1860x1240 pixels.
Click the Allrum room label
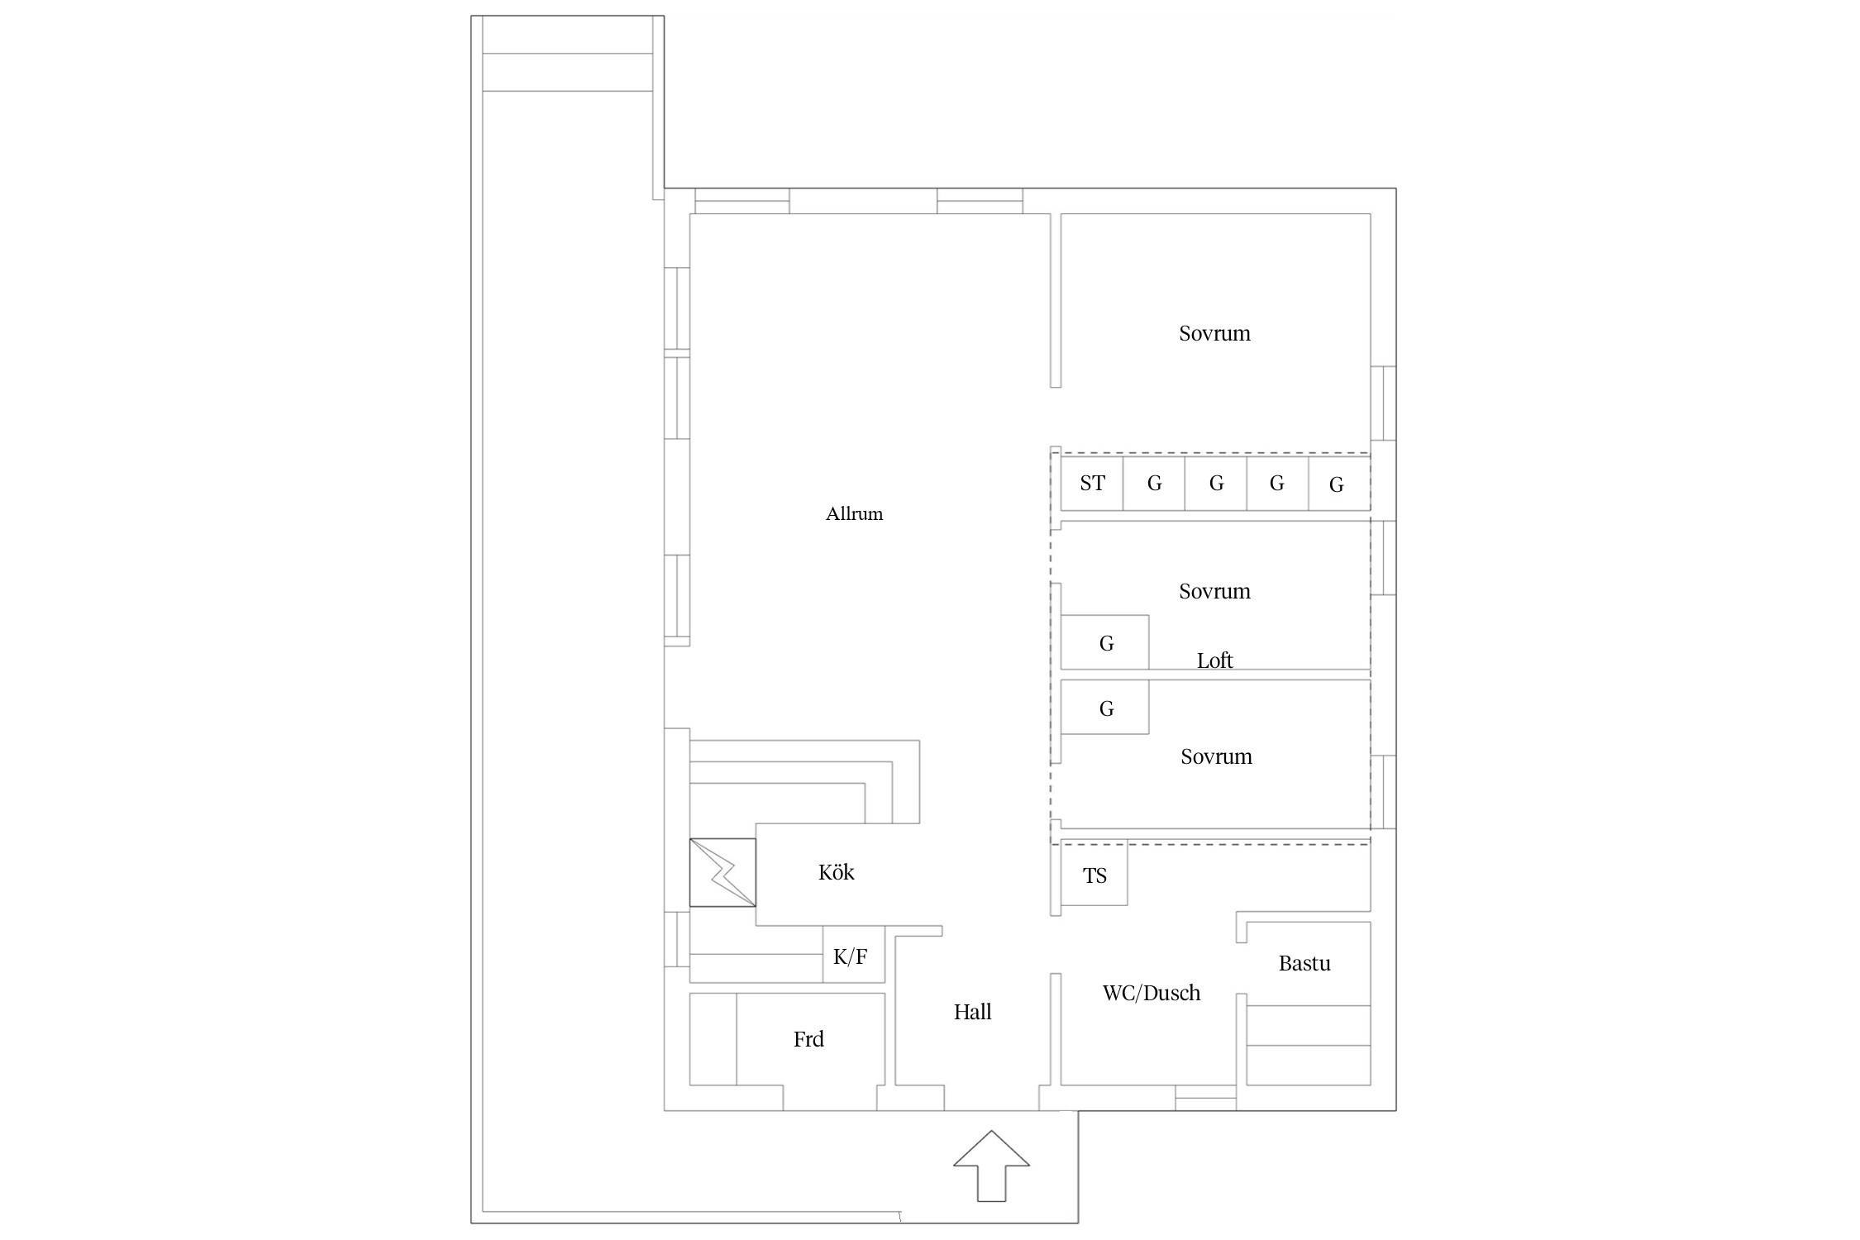pyautogui.click(x=854, y=514)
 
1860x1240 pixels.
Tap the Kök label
pyautogui.click(x=836, y=872)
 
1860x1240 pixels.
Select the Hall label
pyautogui.click(x=972, y=1012)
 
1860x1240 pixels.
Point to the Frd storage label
pyautogui.click(x=808, y=1039)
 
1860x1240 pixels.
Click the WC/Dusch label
pyautogui.click(x=1152, y=993)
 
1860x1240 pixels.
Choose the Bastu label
pyautogui.click(x=1304, y=963)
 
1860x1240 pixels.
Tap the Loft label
pyautogui.click(x=1214, y=661)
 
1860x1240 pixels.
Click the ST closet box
pyautogui.click(x=1092, y=483)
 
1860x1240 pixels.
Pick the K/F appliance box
pyautogui.click(x=853, y=955)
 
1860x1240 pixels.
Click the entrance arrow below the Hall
pyautogui.click(x=991, y=1166)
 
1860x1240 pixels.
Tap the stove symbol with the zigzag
pyautogui.click(x=723, y=872)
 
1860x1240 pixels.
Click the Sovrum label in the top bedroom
pyautogui.click(x=1214, y=333)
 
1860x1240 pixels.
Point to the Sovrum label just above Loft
pyautogui.click(x=1214, y=591)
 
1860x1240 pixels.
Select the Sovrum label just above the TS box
pyautogui.click(x=1216, y=756)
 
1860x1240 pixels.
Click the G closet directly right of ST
pyautogui.click(x=1154, y=483)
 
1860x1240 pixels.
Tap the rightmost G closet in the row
pyautogui.click(x=1339, y=483)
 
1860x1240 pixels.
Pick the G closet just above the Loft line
pyautogui.click(x=1105, y=642)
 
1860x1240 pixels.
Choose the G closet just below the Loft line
pyautogui.click(x=1105, y=707)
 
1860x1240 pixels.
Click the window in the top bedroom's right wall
pyautogui.click(x=1384, y=403)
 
